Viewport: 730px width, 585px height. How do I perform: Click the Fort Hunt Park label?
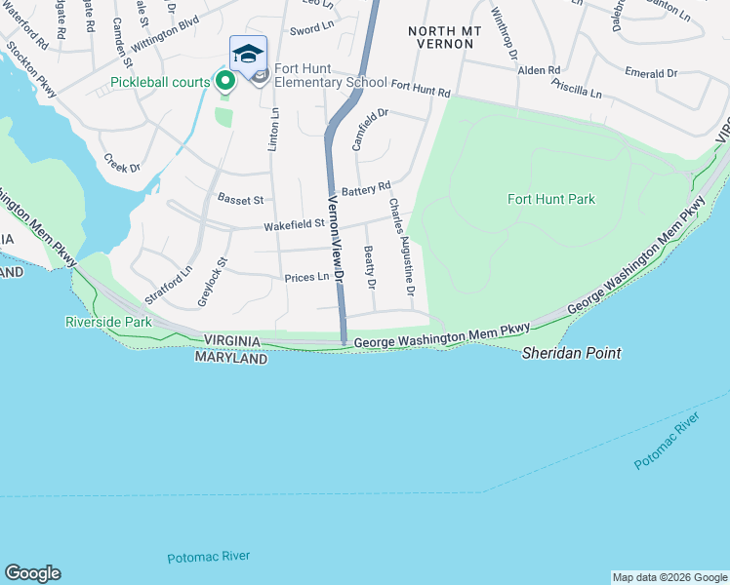click(551, 199)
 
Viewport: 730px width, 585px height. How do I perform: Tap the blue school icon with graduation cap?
click(248, 54)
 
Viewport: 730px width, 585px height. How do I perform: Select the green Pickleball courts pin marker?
click(223, 81)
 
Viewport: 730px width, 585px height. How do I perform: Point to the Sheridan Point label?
click(571, 353)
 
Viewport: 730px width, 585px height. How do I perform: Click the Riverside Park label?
click(108, 321)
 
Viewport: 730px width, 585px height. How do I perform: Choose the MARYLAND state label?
click(231, 359)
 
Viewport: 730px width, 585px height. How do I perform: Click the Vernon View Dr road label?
click(336, 239)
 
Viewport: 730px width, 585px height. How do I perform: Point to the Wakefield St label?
click(294, 225)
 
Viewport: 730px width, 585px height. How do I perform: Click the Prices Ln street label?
click(306, 278)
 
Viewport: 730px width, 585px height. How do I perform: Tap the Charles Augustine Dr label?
click(402, 248)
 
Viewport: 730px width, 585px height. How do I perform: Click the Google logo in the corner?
click(32, 573)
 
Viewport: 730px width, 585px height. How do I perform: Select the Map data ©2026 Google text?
click(669, 577)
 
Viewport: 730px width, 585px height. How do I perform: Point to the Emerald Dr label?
click(650, 73)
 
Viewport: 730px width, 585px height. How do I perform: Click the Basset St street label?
click(241, 200)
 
